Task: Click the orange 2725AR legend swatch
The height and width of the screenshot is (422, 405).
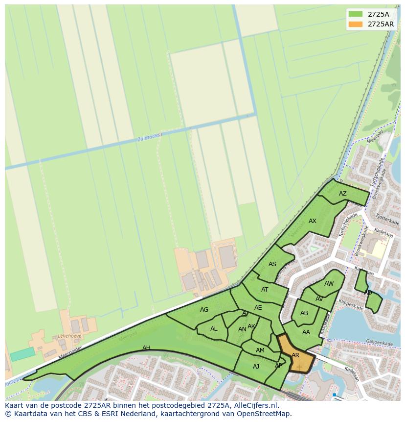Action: pos(356,24)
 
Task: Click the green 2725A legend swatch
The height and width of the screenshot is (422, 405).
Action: pos(356,14)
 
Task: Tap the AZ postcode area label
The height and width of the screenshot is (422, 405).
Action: pos(343,194)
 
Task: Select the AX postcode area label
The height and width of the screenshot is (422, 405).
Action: pos(313,221)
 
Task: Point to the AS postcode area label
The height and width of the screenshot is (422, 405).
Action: pos(272,264)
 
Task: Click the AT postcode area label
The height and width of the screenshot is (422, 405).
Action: pos(265,290)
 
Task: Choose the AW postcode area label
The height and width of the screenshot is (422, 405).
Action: pos(329,284)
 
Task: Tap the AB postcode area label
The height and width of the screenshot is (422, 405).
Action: pos(304,313)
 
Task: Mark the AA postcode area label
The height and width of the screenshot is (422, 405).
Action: pos(306,332)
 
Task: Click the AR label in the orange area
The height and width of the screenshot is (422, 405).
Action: pos(295,355)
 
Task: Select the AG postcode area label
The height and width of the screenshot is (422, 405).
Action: pos(204,310)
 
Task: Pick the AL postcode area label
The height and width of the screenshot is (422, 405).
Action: pos(214,329)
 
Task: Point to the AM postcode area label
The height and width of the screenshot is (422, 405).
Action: pos(260,350)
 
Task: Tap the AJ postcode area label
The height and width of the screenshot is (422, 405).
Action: pos(256,367)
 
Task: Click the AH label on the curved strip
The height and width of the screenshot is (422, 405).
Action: pos(146,348)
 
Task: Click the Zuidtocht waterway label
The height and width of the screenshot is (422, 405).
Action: pos(149,138)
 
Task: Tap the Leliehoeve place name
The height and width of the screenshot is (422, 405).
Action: pos(69,336)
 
